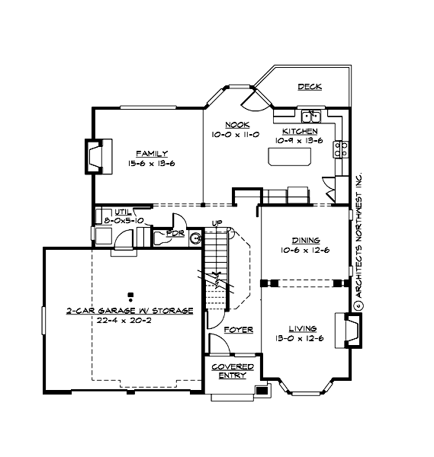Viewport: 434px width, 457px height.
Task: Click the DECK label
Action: coord(310,87)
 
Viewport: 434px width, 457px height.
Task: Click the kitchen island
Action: coord(290,156)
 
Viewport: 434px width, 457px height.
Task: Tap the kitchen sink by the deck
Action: coord(310,116)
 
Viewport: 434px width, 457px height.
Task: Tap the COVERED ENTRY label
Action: coord(233,371)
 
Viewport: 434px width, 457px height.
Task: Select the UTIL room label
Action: coord(123,213)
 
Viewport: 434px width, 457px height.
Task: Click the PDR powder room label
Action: coord(175,233)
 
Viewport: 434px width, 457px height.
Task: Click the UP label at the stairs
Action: coord(217,223)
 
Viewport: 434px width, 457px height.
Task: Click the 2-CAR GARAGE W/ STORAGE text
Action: coord(129,311)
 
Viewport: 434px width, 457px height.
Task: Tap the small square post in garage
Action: coord(130,294)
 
